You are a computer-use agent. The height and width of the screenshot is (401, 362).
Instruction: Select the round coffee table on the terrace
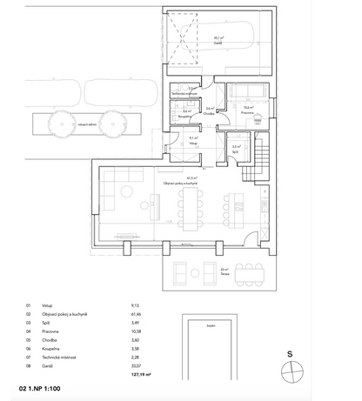[x=206, y=273]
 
